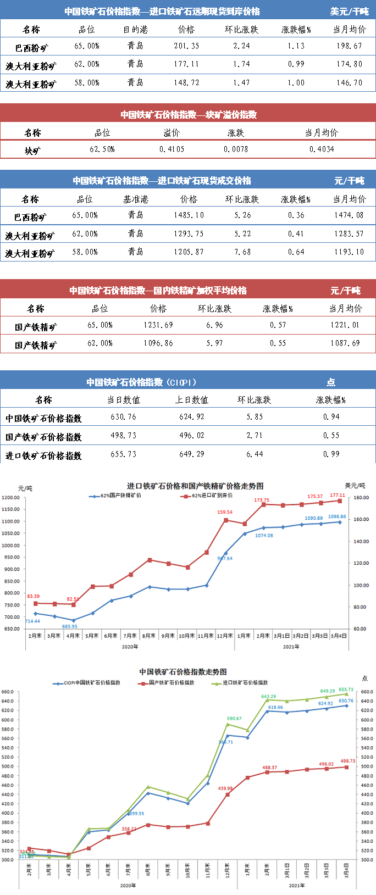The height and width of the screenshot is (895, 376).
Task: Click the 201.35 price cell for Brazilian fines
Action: click(x=186, y=46)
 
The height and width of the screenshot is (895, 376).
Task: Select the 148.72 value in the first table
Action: click(x=186, y=83)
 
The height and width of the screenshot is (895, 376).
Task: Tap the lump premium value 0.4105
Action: click(x=172, y=149)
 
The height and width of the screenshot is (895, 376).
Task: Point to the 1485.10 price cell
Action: click(x=189, y=215)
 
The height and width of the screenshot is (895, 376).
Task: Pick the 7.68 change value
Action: click(x=242, y=252)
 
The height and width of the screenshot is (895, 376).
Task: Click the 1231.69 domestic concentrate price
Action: click(x=158, y=325)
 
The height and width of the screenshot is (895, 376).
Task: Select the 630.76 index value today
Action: click(x=123, y=417)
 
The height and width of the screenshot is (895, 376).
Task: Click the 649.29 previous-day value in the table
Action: click(x=191, y=454)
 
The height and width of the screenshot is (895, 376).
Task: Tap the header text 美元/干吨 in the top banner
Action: click(x=349, y=12)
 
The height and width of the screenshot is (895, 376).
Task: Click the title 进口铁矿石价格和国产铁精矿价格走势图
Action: click(x=195, y=486)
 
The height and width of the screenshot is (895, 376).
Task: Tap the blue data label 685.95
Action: click(x=69, y=626)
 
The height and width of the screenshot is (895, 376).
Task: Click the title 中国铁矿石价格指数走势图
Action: click(x=183, y=672)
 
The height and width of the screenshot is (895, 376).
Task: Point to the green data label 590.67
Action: click(x=234, y=719)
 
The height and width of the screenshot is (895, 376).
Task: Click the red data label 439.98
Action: click(x=225, y=789)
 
